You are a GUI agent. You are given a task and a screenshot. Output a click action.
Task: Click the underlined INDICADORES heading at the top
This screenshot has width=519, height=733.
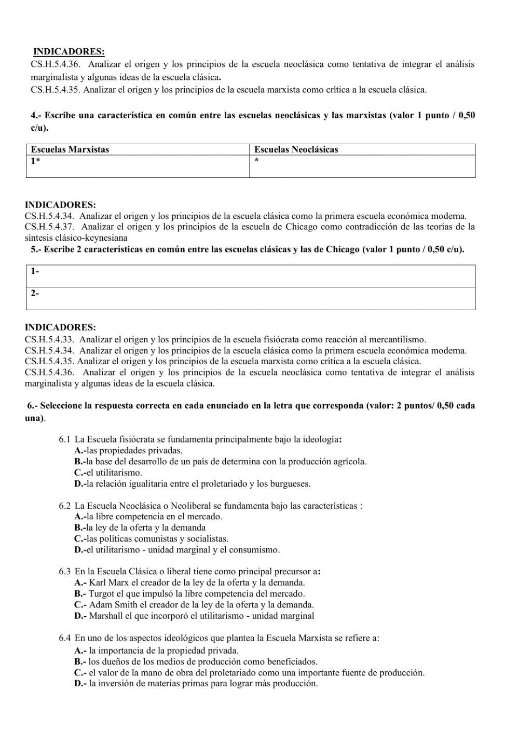click(x=69, y=52)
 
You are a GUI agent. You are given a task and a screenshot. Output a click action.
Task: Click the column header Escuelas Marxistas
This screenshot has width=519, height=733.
click(x=70, y=149)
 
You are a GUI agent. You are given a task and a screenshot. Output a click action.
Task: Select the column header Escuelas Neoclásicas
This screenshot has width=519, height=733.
click(x=296, y=149)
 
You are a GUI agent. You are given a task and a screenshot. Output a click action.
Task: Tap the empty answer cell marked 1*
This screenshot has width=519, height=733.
click(x=138, y=166)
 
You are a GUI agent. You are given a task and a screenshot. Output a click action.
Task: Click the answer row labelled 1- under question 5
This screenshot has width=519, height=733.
click(x=250, y=275)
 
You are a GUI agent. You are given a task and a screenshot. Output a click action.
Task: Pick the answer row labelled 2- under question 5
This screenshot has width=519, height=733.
click(x=250, y=298)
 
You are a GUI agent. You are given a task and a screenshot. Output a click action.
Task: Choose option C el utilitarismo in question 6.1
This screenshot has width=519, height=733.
click(x=108, y=473)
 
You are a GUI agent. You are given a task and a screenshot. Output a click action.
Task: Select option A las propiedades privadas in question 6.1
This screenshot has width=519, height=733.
click(x=128, y=450)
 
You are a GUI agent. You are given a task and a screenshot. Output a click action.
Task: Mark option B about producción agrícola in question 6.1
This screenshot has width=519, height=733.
click(x=220, y=461)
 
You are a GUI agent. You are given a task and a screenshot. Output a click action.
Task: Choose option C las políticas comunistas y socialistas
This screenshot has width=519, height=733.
click(x=151, y=538)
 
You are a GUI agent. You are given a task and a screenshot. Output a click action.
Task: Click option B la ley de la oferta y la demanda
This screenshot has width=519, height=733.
click(x=140, y=528)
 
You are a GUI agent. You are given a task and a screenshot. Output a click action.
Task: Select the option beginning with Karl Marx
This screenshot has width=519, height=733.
click(x=189, y=583)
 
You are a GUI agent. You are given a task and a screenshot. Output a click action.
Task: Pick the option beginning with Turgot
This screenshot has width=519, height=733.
click(x=189, y=593)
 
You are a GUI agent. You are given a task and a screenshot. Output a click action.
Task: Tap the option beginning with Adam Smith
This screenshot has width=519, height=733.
click(x=194, y=604)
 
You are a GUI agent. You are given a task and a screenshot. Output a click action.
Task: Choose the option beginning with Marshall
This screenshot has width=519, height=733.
click(x=194, y=616)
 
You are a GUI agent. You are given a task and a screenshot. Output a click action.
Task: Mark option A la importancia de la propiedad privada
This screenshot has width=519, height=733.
click(x=156, y=650)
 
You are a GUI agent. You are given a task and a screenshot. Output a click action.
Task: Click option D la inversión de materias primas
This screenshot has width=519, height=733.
click(x=196, y=683)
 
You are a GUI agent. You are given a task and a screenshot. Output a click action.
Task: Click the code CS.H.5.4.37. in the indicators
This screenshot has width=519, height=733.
click(x=50, y=227)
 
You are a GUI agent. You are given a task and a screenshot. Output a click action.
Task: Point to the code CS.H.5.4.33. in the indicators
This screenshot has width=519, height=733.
click(x=50, y=340)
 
